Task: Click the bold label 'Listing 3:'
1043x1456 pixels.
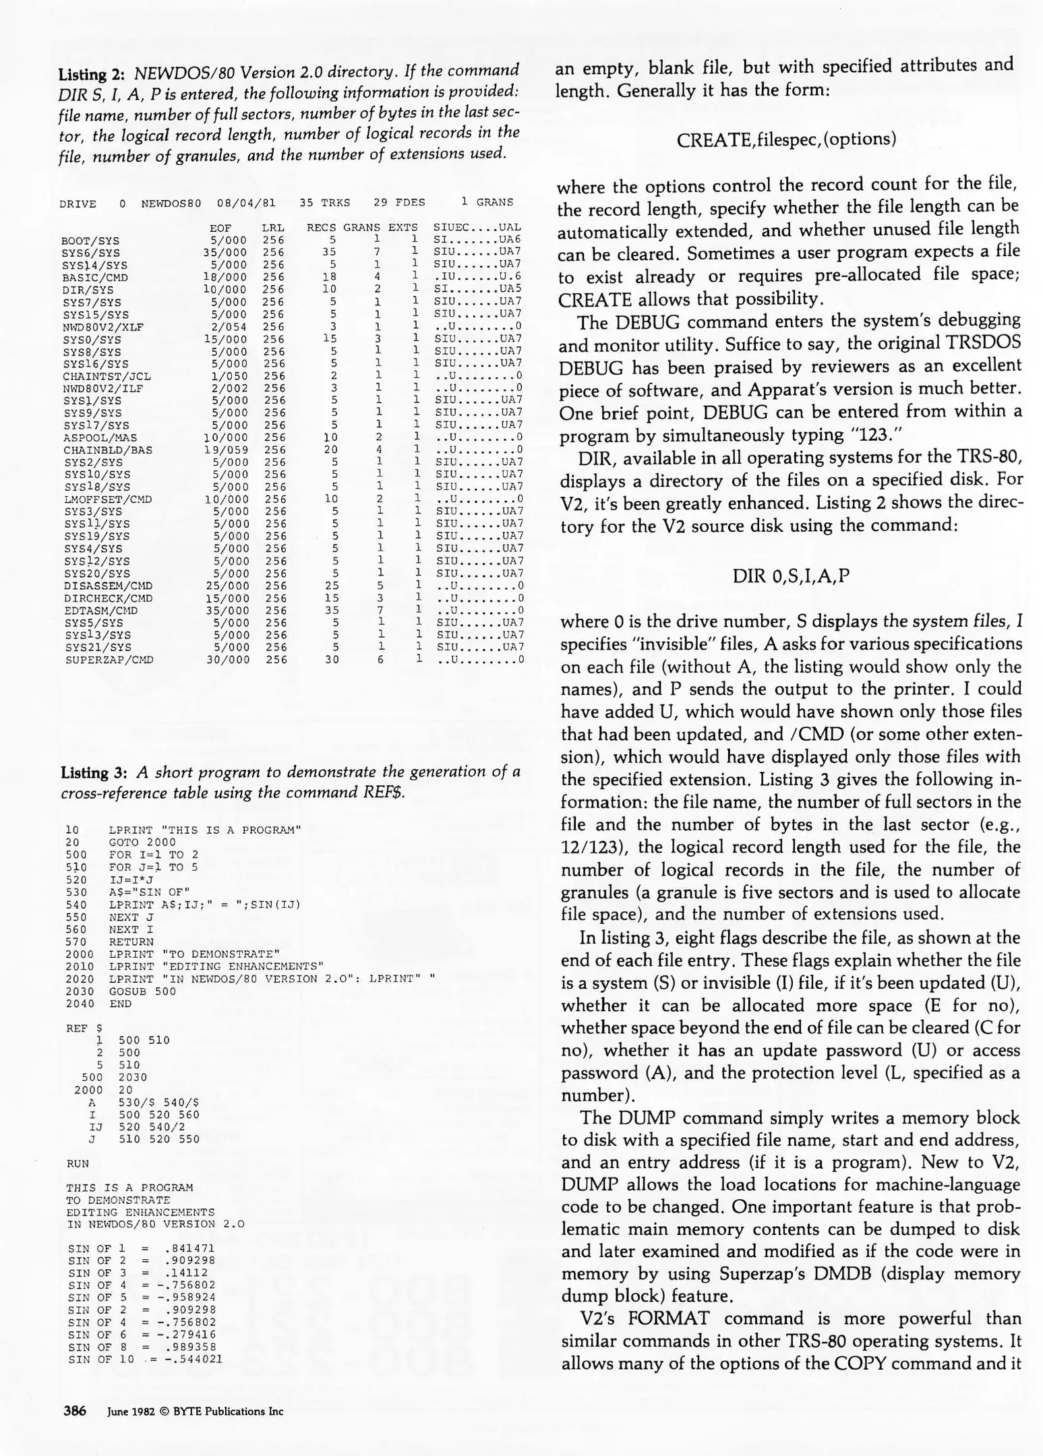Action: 93,772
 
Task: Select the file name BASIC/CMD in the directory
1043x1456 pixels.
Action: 94,278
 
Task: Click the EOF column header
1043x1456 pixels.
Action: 220,229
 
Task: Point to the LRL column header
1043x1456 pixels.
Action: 273,229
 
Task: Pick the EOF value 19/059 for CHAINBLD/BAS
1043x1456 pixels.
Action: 226,450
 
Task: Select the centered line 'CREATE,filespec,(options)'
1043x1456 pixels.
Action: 787,140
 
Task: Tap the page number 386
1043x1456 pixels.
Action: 75,1410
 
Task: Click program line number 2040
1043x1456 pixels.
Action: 80,1004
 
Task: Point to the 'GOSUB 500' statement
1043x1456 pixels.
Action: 142,992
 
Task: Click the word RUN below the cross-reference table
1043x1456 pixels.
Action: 78,1163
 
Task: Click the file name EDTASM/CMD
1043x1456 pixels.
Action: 101,611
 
